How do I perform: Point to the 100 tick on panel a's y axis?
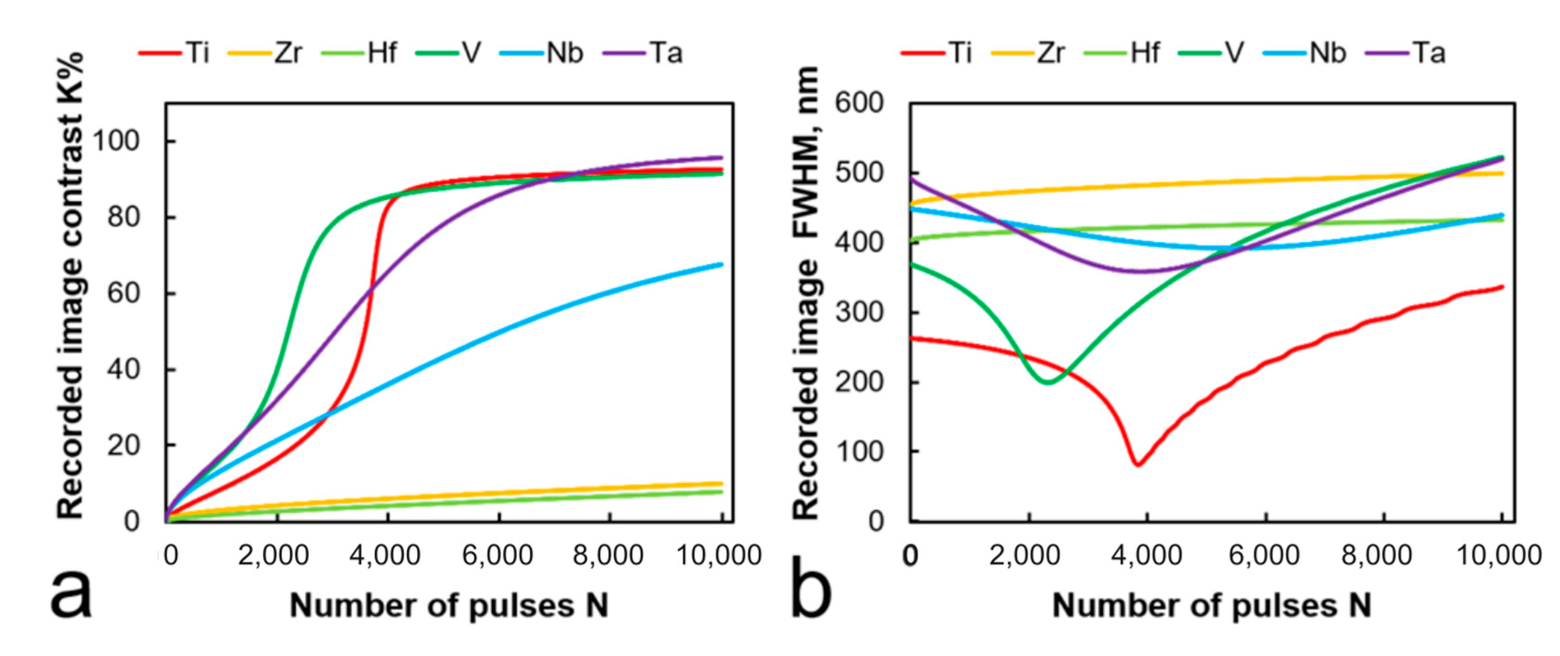(116, 141)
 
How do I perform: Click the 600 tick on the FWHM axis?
(859, 103)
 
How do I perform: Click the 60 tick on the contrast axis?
(124, 294)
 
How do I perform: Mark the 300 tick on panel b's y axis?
(859, 312)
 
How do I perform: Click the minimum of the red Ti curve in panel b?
(1138, 465)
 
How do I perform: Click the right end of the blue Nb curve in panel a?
(721, 264)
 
